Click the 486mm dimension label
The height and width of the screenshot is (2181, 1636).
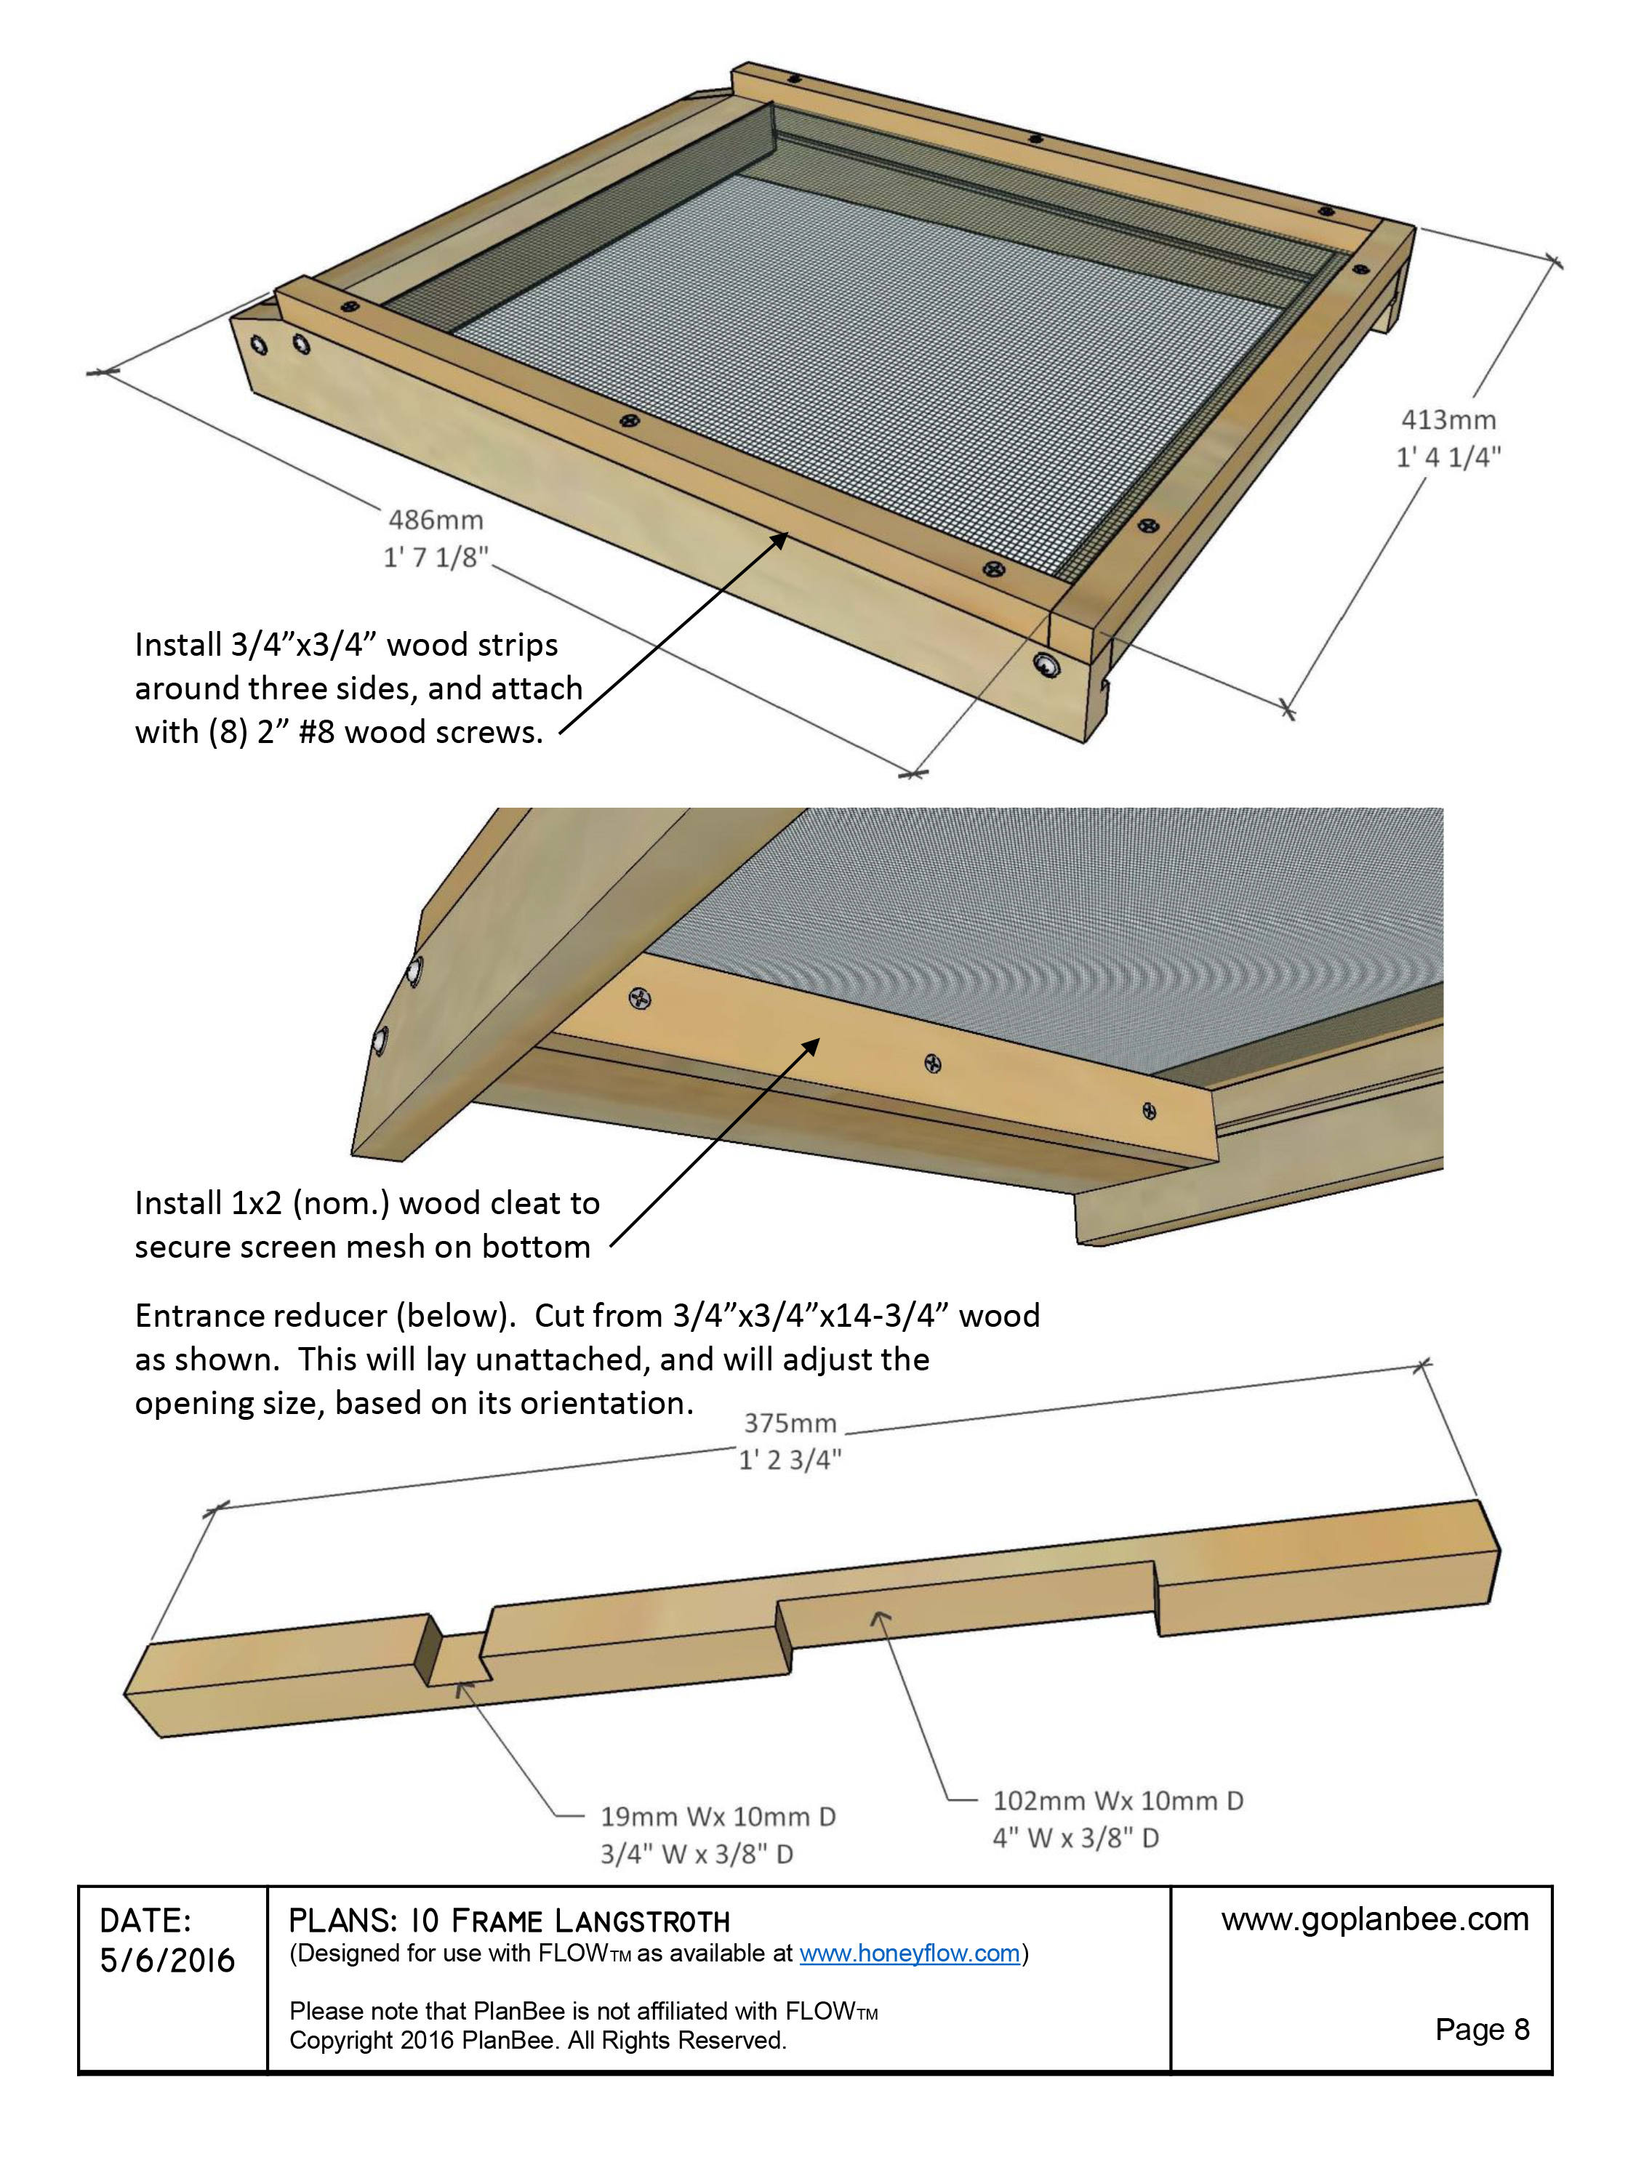tap(435, 520)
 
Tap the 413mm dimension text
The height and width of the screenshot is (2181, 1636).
tap(1448, 420)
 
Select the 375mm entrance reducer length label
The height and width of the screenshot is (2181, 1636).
tap(789, 1423)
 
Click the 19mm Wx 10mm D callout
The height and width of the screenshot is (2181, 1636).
tap(717, 1816)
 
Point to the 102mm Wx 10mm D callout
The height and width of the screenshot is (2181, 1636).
tap(1118, 1800)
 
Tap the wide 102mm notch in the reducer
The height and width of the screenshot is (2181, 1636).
tap(966, 1617)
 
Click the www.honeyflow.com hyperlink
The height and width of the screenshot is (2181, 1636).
tap(908, 1953)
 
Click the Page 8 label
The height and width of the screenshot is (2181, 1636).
tap(1481, 2029)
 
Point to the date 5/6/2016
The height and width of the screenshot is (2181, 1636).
tap(167, 1960)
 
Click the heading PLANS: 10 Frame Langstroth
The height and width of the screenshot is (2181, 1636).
tap(509, 1921)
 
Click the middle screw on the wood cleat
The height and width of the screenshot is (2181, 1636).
tap(932, 1063)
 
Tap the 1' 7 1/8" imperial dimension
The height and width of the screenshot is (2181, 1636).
tap(435, 558)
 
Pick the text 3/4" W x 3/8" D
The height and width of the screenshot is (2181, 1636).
tap(697, 1854)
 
